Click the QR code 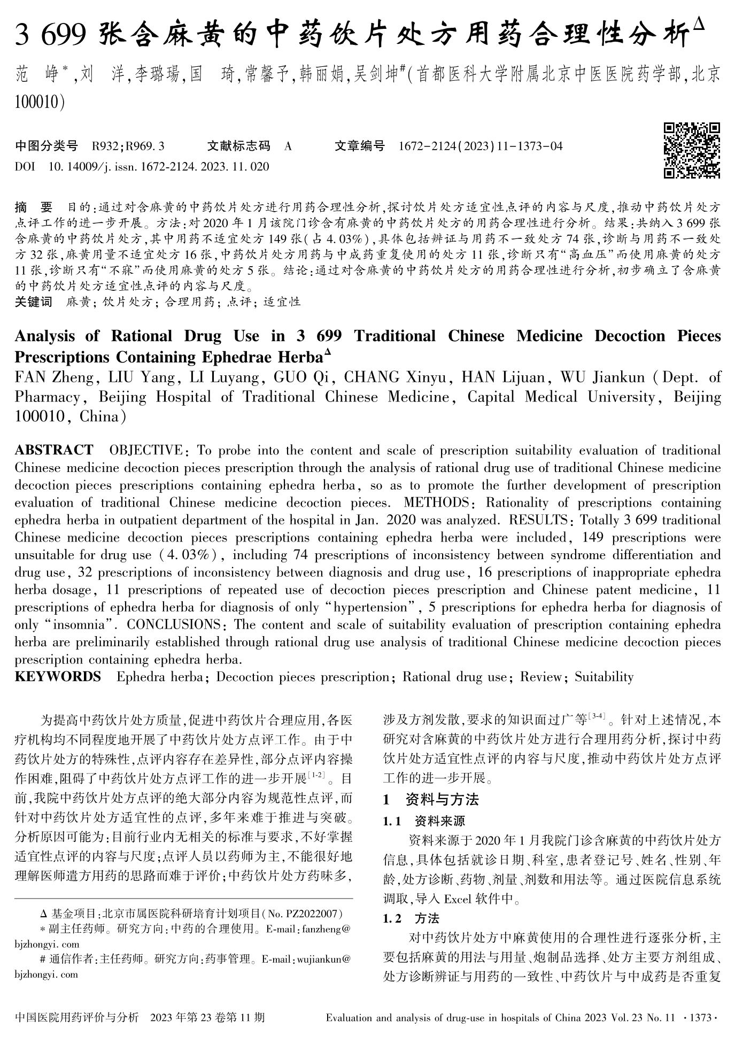[692, 150]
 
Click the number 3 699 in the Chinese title [51, 36]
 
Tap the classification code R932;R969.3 [128, 146]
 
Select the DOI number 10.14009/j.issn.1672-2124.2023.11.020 [159, 167]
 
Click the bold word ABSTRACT [54, 450]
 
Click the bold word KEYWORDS [58, 677]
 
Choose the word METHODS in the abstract [437, 502]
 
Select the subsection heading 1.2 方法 [411, 918]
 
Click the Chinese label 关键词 [34, 302]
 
